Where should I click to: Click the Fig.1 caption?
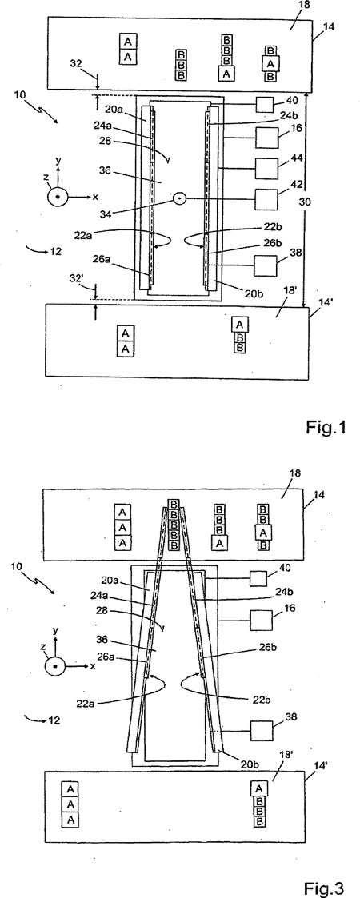pos(325,428)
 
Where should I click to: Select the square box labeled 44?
pos(266,169)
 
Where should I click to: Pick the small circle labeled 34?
pos(179,199)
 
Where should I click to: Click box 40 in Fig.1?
pos(265,104)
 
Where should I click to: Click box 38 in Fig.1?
pos(266,266)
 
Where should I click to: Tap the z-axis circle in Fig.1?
pos(58,197)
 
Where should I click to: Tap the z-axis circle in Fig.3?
pos(54,667)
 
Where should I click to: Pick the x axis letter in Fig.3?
pos(92,667)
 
